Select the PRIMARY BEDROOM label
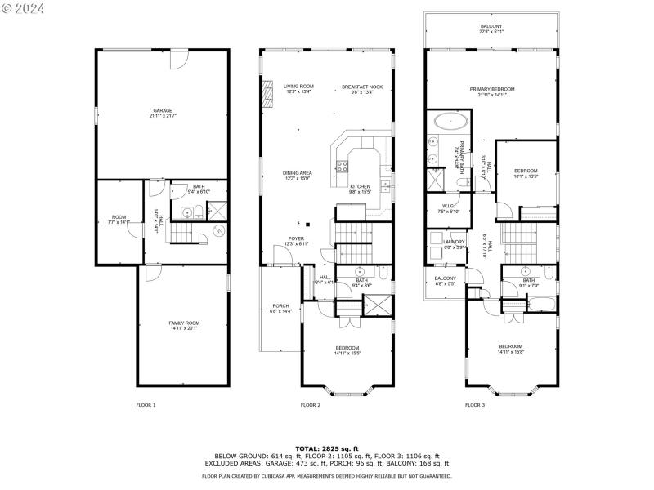[x=491, y=91]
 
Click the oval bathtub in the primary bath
[x=450, y=123]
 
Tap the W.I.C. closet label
[x=449, y=208]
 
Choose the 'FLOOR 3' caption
[x=474, y=405]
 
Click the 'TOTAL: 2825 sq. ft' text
[x=326, y=448]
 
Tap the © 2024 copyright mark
[x=22, y=9]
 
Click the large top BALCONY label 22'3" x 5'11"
[x=491, y=30]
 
